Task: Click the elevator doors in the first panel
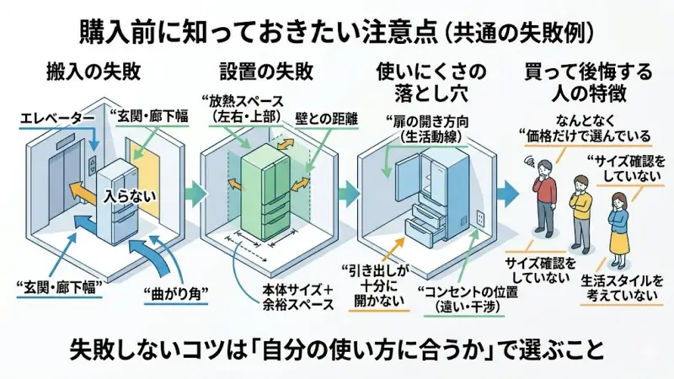(67, 185)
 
